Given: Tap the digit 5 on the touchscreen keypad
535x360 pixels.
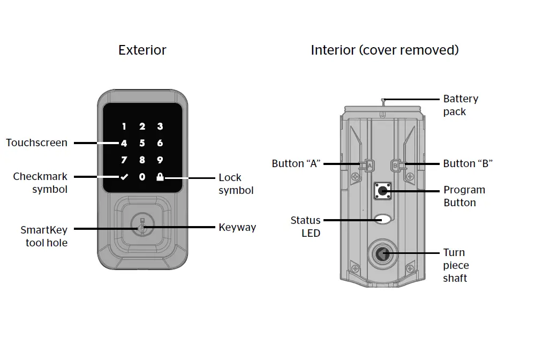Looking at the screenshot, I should coord(142,143).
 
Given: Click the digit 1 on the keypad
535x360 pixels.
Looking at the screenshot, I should coord(124,127).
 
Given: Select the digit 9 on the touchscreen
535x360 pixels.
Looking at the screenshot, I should coord(160,160).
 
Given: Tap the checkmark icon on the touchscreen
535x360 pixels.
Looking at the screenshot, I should coord(124,177).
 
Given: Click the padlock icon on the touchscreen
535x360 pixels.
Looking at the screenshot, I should coord(160,177).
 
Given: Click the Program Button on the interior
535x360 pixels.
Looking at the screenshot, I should coord(382,190).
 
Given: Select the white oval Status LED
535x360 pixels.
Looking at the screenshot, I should coord(382,219).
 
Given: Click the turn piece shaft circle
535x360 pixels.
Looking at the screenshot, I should coord(382,253).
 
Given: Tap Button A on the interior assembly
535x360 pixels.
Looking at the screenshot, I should coord(369,166).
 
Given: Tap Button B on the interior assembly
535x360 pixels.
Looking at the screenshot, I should coord(396,166).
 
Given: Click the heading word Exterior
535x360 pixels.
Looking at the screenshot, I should coord(142,50).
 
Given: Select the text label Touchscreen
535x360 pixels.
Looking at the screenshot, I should coord(36,143).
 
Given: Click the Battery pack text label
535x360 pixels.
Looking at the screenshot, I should coord(461,105).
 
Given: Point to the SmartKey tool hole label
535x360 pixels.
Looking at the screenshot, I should coord(44,236).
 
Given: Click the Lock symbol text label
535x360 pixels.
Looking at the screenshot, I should coord(236,184).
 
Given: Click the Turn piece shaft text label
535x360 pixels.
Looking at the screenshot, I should coord(455,265).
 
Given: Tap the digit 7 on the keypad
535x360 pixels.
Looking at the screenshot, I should coord(124,160).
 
